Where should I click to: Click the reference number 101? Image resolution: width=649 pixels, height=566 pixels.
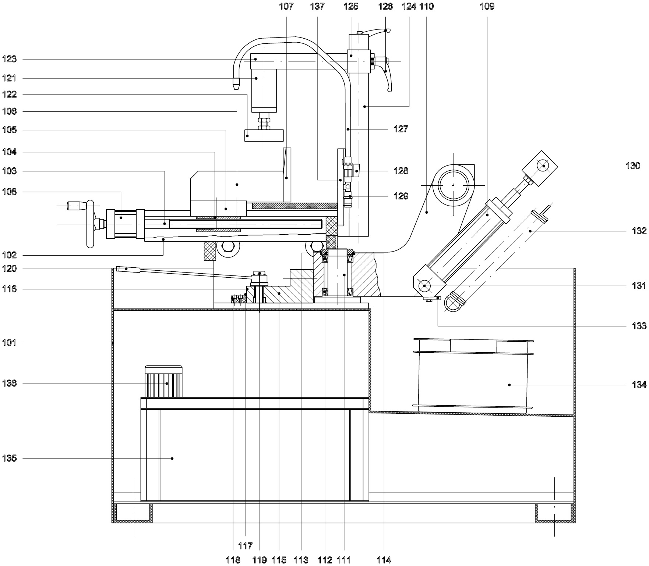9,343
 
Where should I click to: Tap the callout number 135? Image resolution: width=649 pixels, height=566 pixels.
9,459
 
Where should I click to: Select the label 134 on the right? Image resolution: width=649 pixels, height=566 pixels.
639,385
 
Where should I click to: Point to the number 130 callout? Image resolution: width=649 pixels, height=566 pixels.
633,166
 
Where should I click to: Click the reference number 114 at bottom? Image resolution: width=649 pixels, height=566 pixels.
384,560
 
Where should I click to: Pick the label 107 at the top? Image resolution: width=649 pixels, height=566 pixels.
286,6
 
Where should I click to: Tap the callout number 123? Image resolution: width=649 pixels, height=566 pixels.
9,59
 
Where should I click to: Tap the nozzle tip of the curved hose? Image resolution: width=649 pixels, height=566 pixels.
235,83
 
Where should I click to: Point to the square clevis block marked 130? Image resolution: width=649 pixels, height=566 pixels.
540,167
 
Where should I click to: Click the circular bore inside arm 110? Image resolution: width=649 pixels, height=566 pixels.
453,185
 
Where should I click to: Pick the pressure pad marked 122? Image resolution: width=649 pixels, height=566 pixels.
264,135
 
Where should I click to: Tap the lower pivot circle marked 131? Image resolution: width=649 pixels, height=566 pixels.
424,285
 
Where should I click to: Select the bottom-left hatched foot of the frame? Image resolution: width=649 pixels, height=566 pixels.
133,513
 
